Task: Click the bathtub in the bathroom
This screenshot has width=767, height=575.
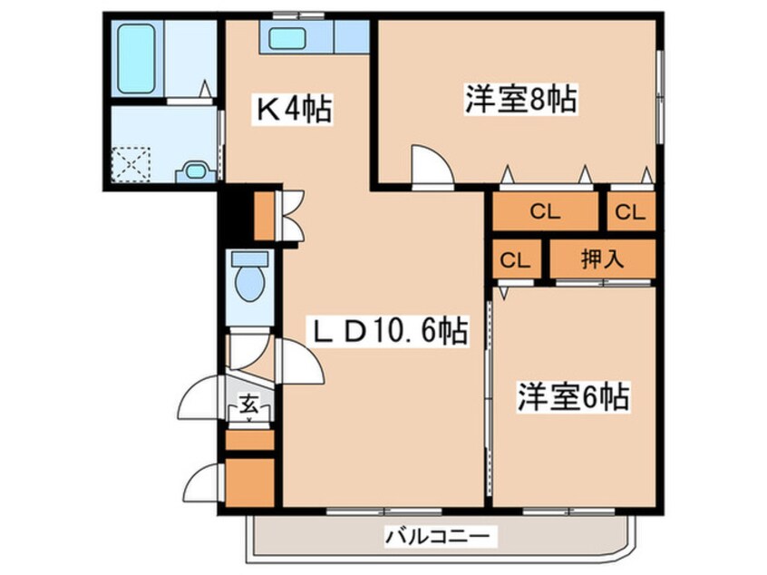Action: tap(135, 58)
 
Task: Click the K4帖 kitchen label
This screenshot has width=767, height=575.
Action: tap(291, 111)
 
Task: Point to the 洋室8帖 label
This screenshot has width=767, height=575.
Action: tap(521, 98)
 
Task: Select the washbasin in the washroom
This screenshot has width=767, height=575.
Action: tap(195, 171)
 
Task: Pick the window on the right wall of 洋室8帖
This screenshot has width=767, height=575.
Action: tap(659, 95)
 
